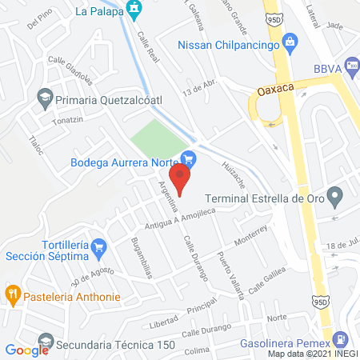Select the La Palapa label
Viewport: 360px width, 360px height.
pyautogui.click(x=94, y=11)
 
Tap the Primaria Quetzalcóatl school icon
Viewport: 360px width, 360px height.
pyautogui.click(x=45, y=98)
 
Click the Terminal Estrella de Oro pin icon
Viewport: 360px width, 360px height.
pyautogui.click(x=337, y=194)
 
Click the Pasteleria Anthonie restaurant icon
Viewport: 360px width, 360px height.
pyautogui.click(x=13, y=294)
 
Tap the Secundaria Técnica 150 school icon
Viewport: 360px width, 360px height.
pyautogui.click(x=46, y=344)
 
